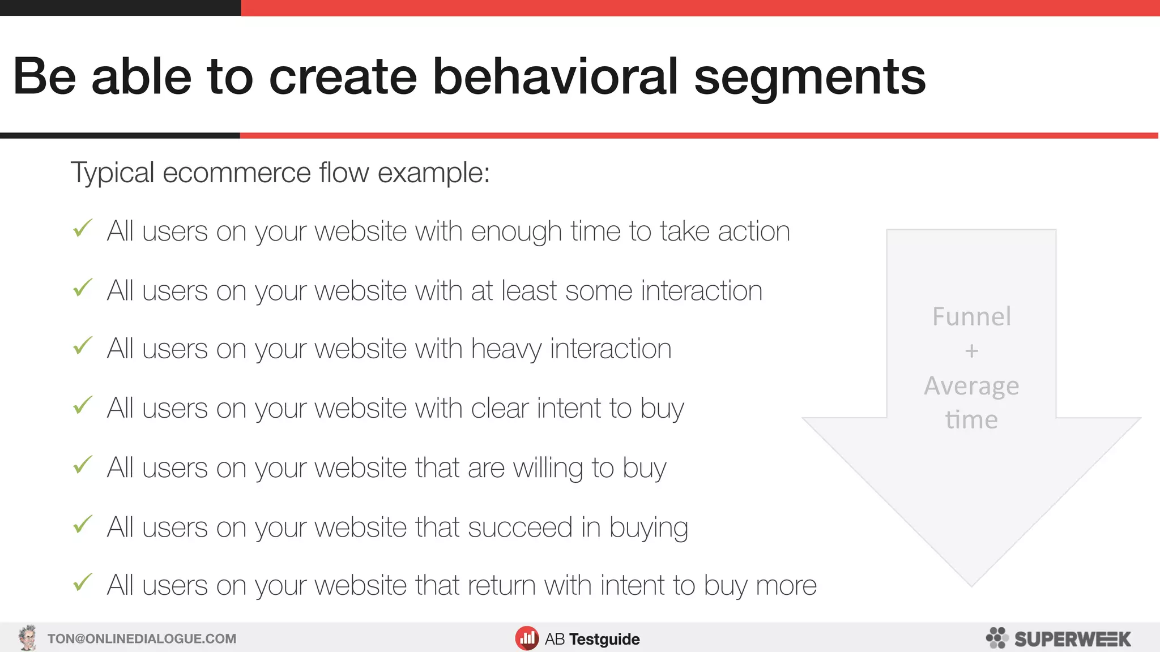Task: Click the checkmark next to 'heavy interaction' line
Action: coord(83,346)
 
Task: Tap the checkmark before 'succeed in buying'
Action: coord(83,525)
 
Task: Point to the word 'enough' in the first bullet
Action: coord(516,232)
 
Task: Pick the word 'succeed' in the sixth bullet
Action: coord(520,527)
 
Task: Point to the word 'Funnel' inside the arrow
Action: coord(971,316)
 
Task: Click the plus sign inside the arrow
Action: coord(971,351)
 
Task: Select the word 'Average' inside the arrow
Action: coord(971,386)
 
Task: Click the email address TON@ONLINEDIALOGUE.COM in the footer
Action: coord(142,639)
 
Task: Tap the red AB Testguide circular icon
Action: coord(527,638)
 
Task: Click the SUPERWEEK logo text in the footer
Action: coord(1072,639)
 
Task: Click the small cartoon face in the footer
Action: coord(27,638)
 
